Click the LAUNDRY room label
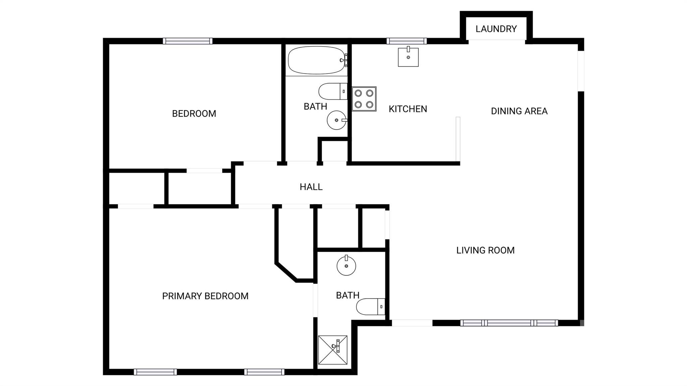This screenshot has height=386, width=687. (496, 29)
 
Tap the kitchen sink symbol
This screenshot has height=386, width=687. (408, 57)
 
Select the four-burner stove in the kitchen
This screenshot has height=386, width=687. (364, 99)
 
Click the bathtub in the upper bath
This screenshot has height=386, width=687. (316, 60)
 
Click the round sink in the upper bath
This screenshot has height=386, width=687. (336, 120)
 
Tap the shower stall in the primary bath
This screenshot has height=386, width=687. (333, 350)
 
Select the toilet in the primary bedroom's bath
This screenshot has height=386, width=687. (370, 307)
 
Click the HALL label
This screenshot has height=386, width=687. (311, 187)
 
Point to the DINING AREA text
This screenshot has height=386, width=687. (519, 111)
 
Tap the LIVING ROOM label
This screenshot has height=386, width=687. (485, 250)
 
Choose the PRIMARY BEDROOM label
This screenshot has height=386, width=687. (205, 296)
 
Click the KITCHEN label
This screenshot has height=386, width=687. (408, 109)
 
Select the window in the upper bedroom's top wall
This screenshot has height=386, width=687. (188, 41)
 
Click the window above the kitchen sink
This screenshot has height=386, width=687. (407, 41)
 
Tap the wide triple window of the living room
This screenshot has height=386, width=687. (509, 323)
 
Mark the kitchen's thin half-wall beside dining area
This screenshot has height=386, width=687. (458, 139)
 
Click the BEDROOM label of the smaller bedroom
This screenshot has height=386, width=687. (194, 114)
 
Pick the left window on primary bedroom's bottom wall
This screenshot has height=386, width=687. (155, 372)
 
